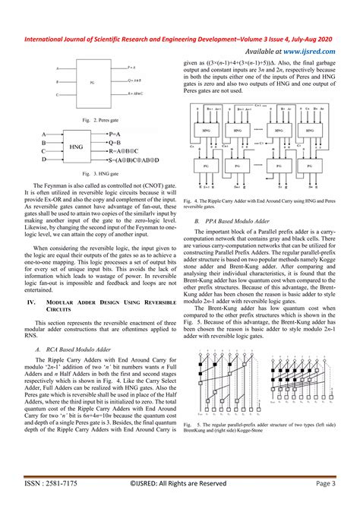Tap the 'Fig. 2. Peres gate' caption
(91, 119)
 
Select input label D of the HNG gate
(43, 160)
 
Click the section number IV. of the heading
(33, 280)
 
